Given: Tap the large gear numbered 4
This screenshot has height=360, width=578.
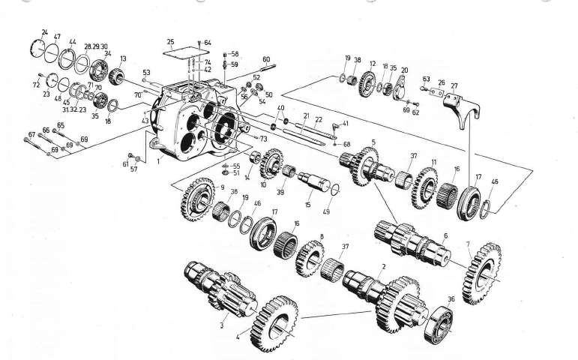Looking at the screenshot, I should pos(273,323).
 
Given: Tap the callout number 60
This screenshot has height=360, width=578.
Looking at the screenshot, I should pos(265,58).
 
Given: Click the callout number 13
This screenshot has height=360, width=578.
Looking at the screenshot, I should pos(123,58).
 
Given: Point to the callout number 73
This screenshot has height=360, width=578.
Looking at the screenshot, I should pos(263,139).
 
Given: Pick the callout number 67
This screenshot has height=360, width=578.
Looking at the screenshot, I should pos(31,135).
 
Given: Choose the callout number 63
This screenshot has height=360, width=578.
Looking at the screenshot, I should pos(426,78).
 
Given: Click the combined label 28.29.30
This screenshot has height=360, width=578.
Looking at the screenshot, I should pos(98,46).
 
